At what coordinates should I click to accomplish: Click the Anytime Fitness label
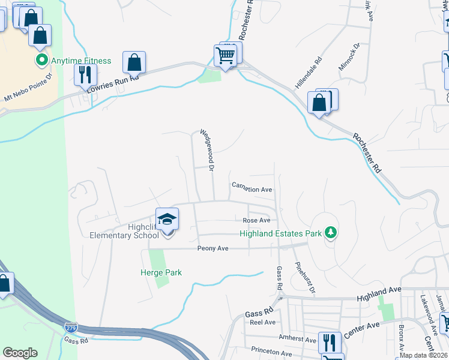[x=81, y=61]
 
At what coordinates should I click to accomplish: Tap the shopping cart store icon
[x=226, y=56]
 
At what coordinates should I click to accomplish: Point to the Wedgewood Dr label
[x=206, y=151]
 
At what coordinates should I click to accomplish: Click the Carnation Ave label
[x=252, y=189]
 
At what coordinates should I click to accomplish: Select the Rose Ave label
[x=256, y=220]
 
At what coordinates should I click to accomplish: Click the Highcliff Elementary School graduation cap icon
[x=167, y=219]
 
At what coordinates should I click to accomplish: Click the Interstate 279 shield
[x=70, y=328]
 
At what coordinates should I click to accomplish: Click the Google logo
[x=20, y=352]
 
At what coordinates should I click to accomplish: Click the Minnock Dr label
[x=348, y=56]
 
